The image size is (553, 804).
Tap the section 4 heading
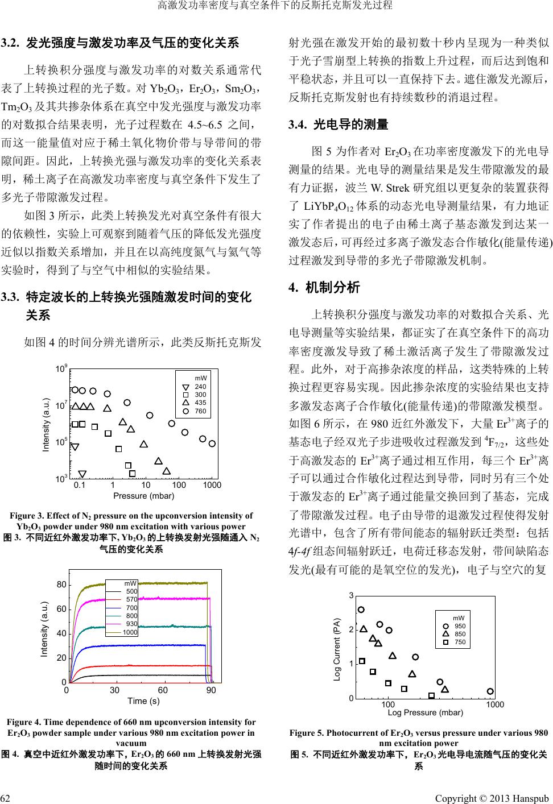click(x=325, y=287)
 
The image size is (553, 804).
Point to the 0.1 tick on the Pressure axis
click(x=80, y=486)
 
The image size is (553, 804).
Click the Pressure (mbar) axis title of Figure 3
click(x=144, y=496)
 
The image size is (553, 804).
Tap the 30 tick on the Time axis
click(x=115, y=690)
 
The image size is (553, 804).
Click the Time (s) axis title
click(x=143, y=701)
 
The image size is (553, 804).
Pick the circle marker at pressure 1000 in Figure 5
click(x=490, y=691)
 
